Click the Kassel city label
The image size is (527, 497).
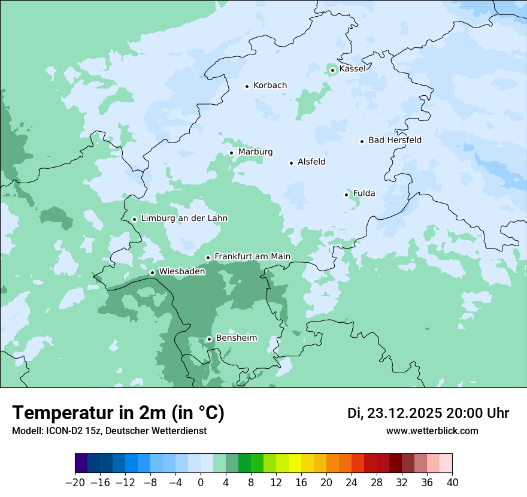(x=352, y=69)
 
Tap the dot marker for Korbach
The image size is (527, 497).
(x=247, y=86)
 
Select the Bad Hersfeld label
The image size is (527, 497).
(x=395, y=140)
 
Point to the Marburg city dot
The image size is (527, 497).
(x=231, y=153)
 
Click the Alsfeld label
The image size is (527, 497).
(x=311, y=162)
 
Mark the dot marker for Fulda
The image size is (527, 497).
(x=346, y=195)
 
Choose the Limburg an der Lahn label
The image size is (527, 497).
(x=184, y=219)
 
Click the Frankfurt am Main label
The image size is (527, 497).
(x=252, y=256)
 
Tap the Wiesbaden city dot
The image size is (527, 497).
(x=152, y=272)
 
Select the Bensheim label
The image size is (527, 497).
(x=236, y=338)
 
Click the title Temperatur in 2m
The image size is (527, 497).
(x=118, y=413)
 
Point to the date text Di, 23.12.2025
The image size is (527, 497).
(x=395, y=413)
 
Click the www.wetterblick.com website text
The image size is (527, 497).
(x=432, y=431)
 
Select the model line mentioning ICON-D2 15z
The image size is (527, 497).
(x=109, y=431)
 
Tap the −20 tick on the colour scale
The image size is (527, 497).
(x=75, y=483)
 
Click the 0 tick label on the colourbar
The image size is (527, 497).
(x=201, y=483)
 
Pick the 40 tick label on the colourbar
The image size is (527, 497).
(x=452, y=483)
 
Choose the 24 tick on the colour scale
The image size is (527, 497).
(x=352, y=483)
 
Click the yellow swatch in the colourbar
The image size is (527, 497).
(x=295, y=464)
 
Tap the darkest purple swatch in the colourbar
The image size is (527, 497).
(x=81, y=464)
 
